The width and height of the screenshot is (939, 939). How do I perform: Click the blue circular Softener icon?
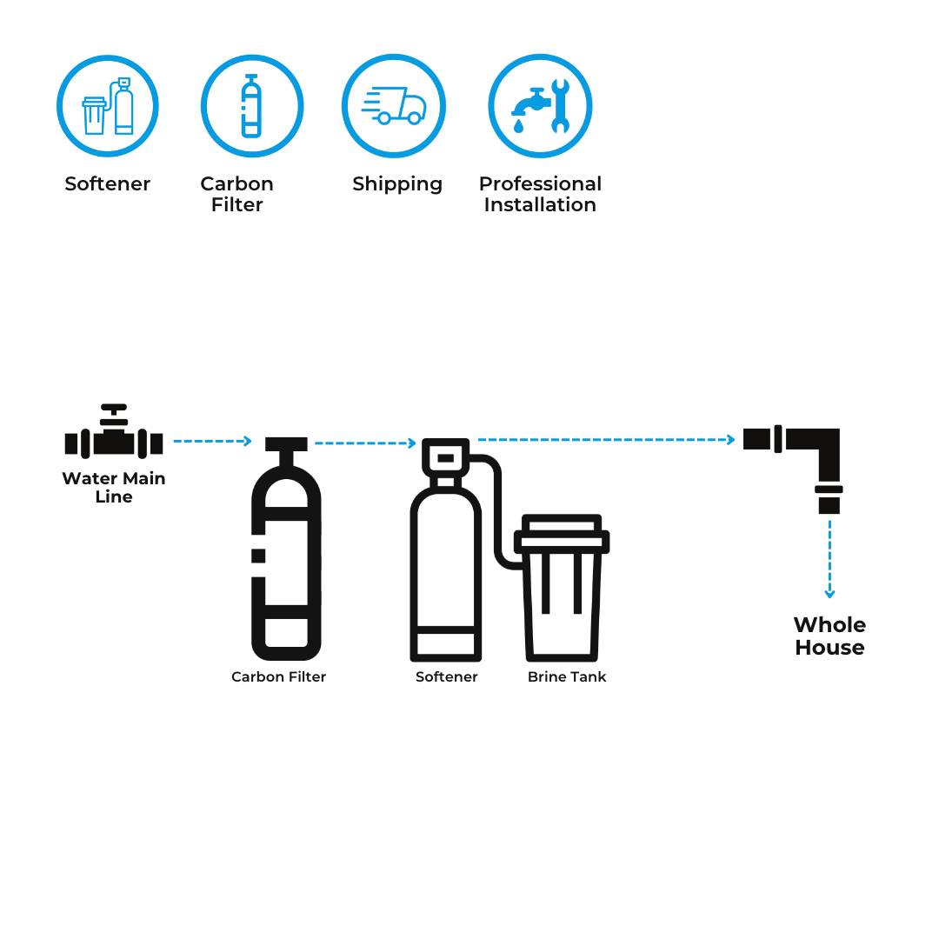[108, 106]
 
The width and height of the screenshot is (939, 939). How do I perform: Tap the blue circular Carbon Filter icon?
[251, 106]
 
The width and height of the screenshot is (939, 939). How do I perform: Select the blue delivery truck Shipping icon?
[394, 106]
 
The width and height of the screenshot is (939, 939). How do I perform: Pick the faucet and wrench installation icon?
[540, 106]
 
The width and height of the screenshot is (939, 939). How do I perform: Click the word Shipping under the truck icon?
[397, 184]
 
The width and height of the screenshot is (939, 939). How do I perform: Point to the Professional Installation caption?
[540, 195]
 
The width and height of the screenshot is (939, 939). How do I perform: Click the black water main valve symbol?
[114, 434]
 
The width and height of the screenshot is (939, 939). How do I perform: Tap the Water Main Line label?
[114, 488]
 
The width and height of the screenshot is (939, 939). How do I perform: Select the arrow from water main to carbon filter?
[212, 442]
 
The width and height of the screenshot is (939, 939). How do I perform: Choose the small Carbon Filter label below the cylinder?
[278, 676]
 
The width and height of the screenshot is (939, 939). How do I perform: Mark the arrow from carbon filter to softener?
[365, 443]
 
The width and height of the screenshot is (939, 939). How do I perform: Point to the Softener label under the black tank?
[447, 676]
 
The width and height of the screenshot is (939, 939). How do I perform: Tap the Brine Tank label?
[567, 676]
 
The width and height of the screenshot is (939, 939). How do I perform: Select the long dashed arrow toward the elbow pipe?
[606, 440]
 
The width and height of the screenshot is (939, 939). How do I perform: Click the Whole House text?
[829, 636]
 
